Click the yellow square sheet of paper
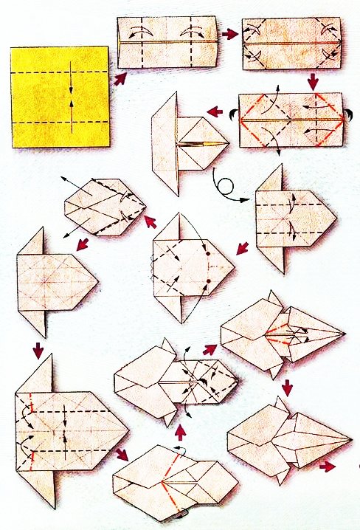(60, 96)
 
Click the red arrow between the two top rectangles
(229, 34)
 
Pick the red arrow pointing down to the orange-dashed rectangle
(312, 80)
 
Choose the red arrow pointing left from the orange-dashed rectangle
(215, 112)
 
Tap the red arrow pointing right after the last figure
(325, 466)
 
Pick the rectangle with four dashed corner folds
(292, 44)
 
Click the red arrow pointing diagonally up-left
(151, 221)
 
